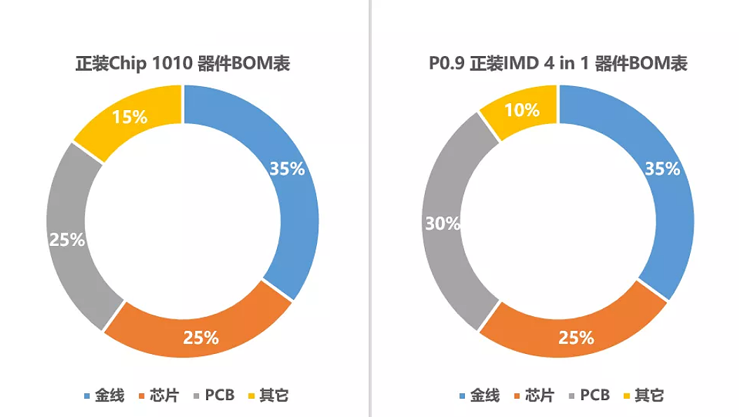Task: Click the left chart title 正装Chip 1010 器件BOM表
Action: pyautogui.click(x=182, y=64)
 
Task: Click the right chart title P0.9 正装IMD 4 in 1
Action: pyautogui.click(x=558, y=64)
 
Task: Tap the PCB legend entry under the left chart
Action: pyautogui.click(x=213, y=395)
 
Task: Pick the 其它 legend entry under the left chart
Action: pyautogui.click(x=267, y=395)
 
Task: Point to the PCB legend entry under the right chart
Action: pyautogui.click(x=589, y=395)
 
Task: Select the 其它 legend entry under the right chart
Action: pyautogui.click(x=643, y=395)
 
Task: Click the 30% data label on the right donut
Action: pyautogui.click(x=443, y=224)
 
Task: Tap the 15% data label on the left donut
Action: pyautogui.click(x=130, y=116)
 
